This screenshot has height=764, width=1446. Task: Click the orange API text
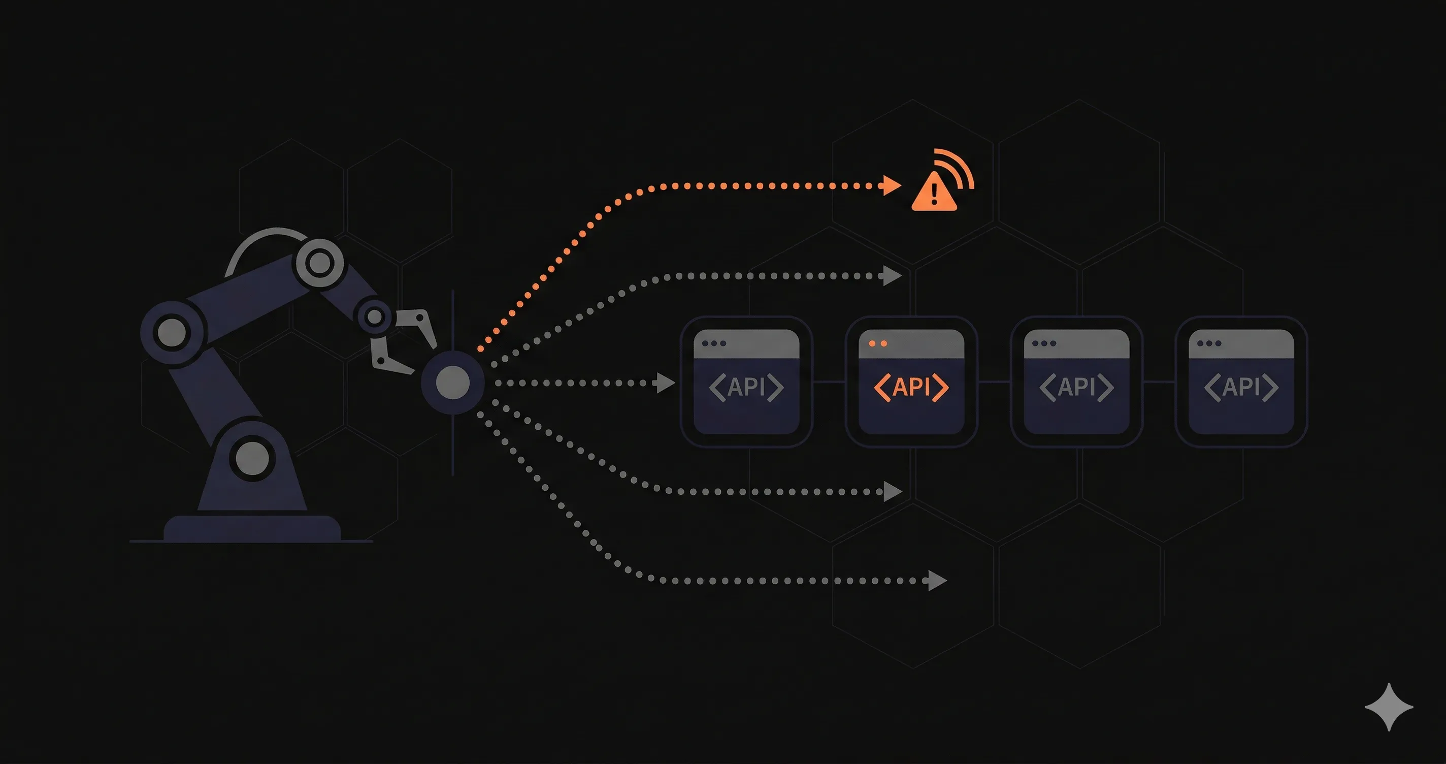tap(911, 387)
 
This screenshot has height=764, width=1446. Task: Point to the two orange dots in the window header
tap(877, 343)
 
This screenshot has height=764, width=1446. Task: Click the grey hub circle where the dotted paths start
tap(452, 382)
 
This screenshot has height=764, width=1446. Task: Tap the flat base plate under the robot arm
tap(252, 529)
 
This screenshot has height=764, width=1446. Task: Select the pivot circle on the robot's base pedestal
tap(252, 458)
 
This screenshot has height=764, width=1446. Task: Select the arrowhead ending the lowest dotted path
tap(937, 580)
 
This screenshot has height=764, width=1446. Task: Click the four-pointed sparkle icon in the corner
tap(1389, 707)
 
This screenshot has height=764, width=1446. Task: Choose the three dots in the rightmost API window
tap(1208, 343)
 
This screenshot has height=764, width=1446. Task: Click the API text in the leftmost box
tap(746, 387)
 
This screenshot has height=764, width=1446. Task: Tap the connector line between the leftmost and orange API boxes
tap(829, 382)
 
